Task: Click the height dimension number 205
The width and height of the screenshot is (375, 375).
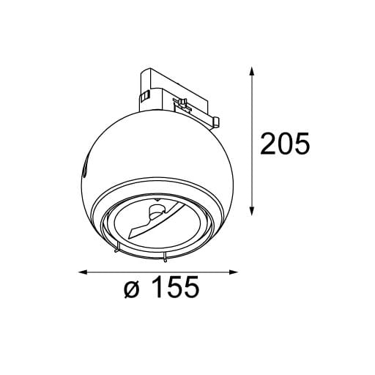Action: [286, 144]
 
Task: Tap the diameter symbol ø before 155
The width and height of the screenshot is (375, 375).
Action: [131, 291]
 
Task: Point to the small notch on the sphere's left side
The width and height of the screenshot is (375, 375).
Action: [85, 171]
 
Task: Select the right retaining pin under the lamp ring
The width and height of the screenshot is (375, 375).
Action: [166, 258]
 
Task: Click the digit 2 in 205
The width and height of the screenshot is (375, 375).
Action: [270, 144]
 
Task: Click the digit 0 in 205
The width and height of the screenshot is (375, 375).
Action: [286, 144]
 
